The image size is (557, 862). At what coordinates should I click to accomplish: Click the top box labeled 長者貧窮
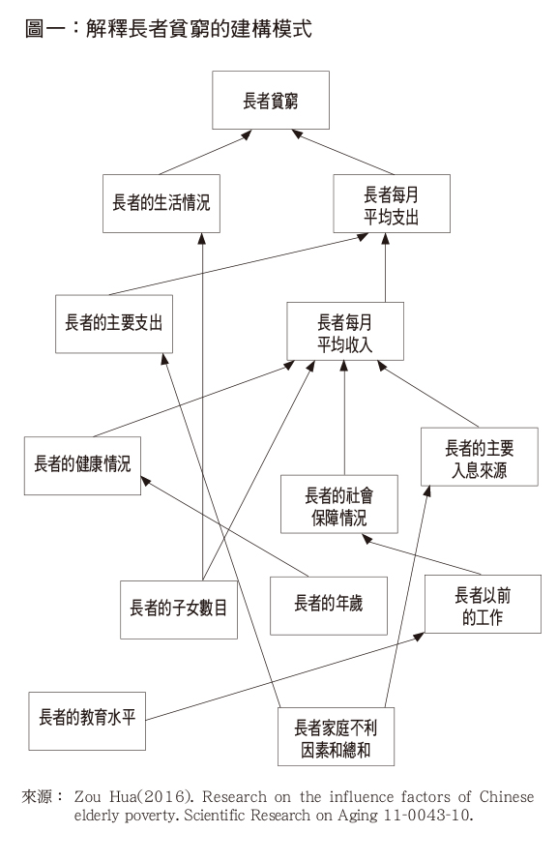pos(271,100)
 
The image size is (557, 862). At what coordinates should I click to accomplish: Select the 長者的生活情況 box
pos(161,203)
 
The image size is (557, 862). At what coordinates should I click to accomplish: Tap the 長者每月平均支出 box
pos(392,203)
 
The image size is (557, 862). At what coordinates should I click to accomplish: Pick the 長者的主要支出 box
pos(114,324)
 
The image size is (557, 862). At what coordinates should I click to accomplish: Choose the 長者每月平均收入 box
pos(345,331)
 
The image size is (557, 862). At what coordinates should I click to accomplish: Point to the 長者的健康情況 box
pos(82,465)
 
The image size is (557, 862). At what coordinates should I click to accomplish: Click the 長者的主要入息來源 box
pos(480,457)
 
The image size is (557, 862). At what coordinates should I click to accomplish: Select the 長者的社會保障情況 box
pos(338,504)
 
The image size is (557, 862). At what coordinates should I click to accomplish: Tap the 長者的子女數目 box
pos(179,609)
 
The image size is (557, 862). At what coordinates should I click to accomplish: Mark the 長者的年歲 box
pos(329,606)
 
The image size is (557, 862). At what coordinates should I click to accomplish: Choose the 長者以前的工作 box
pos(483,604)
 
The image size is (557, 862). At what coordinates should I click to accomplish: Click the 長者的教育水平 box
pos(87,722)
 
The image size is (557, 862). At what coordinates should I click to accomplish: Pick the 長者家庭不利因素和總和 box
pos(336,736)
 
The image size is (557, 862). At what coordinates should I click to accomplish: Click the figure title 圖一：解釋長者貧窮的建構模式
pos(168,29)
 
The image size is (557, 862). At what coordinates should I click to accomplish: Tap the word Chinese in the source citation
pos(507,796)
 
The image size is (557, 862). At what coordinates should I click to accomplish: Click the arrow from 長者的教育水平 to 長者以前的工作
pos(285,677)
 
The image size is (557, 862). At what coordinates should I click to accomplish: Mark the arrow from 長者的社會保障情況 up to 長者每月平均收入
pos(344,418)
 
